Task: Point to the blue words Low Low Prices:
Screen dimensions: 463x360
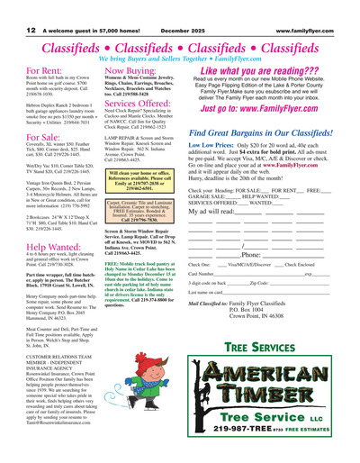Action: tap(212, 145)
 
